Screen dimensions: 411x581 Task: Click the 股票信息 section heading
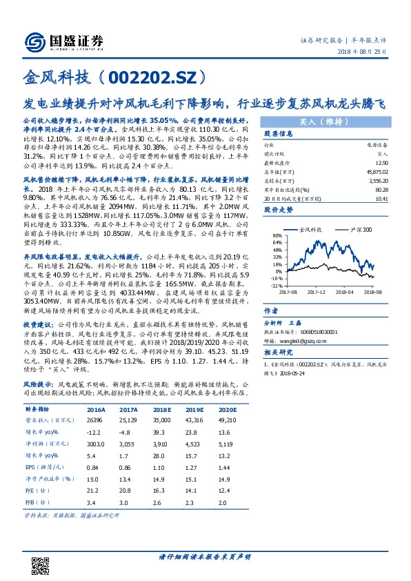278,134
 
